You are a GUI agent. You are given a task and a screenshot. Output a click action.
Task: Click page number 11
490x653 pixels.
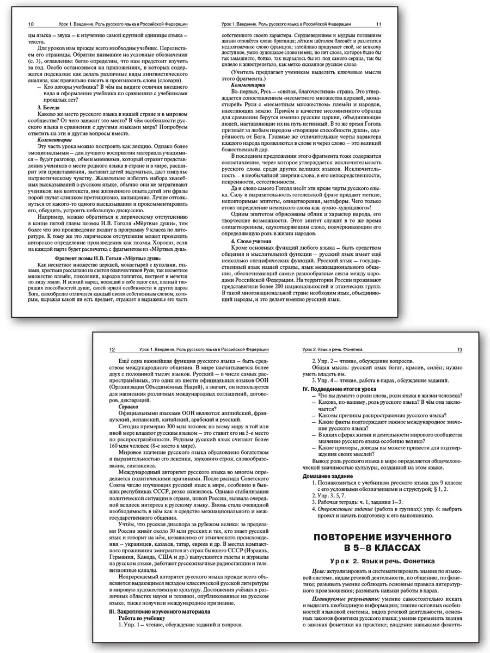pos(379,24)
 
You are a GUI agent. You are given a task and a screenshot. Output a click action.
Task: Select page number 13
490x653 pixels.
pos(460,349)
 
